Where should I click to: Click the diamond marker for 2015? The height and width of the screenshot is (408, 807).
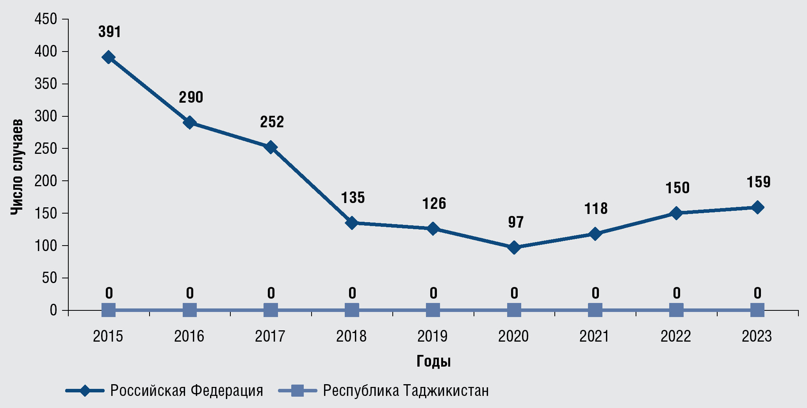coord(109,57)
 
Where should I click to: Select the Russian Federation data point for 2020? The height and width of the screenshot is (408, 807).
coord(514,248)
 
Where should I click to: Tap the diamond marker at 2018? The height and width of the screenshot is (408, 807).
coord(352,223)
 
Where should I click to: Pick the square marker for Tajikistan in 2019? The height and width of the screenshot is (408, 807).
coord(433,311)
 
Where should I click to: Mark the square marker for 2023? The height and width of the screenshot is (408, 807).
coord(757,311)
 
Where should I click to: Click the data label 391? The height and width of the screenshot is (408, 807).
coord(110,32)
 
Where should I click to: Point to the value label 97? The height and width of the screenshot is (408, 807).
coord(516,222)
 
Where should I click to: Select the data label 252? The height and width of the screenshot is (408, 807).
coord(272,122)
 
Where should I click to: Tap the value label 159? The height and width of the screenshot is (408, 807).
coord(759,182)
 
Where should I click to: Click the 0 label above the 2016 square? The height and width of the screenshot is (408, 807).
coord(190,293)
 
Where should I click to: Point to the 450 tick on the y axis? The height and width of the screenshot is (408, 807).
coord(46,19)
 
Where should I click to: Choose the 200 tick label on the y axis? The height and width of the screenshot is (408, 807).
coord(46,181)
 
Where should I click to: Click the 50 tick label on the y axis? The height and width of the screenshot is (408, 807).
coord(50,278)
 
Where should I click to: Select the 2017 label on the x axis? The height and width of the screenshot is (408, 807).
coord(270,336)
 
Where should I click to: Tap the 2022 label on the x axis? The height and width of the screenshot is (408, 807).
coord(676,336)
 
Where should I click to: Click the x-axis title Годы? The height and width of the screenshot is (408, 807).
coord(433,362)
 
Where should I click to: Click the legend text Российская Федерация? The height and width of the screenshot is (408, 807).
coord(187,390)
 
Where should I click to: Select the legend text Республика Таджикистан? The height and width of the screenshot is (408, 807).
coord(406,390)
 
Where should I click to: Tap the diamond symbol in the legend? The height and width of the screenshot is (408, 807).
coord(85,390)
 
